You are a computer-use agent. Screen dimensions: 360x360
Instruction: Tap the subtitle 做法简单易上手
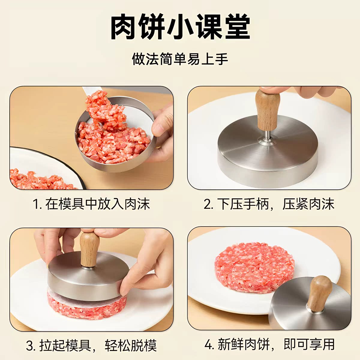pyautogui.click(x=180, y=59)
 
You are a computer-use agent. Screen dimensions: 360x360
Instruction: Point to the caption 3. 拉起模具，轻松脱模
pyautogui.click(x=91, y=345)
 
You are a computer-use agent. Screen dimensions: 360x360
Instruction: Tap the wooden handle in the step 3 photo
pyautogui.click(x=89, y=249)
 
